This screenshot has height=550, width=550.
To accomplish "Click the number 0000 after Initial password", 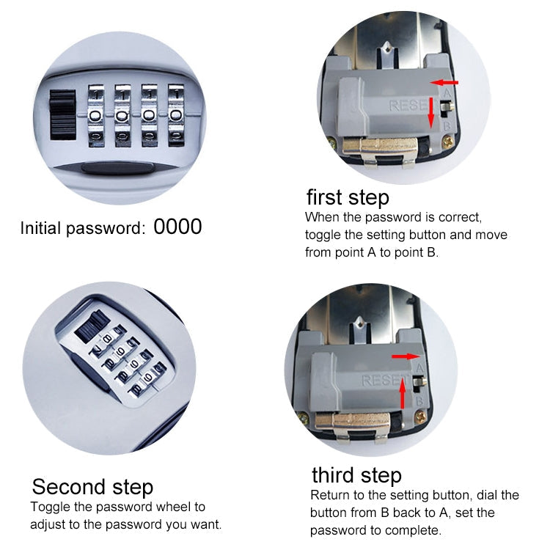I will pos(177,227).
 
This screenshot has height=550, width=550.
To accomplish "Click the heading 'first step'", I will pos(347,197).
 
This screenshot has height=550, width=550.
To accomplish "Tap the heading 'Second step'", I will pos(92,487).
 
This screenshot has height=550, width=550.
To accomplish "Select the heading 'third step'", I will pos(356,474).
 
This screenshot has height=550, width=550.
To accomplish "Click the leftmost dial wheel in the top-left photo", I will pos(98,115).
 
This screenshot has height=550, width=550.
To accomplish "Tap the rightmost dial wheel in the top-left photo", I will pos(176,115).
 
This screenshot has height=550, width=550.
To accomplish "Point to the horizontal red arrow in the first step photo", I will pos(444,83).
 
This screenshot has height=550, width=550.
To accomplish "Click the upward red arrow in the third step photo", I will pos(403,397).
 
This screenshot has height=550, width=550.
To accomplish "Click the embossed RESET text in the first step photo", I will pos(408,107).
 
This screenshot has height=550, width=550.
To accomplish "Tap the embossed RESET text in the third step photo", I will pos(381,381).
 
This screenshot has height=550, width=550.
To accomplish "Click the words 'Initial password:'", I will pos(82,228).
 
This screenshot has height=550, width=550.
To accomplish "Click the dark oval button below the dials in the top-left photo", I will pos(117,168).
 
